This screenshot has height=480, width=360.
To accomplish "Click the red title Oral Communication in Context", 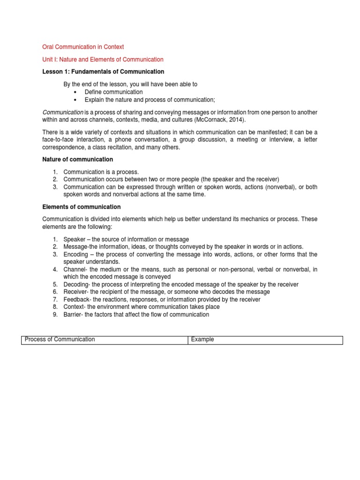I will coord(83,47).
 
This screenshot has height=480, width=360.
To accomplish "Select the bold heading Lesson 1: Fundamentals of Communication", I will coord(103,72).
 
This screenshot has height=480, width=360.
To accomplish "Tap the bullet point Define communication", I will coord(113,92).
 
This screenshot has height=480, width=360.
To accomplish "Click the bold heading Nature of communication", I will coord(77,159).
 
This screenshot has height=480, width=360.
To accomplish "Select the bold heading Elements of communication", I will coord(82,207).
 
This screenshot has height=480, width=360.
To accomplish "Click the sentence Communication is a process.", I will coord(101,172).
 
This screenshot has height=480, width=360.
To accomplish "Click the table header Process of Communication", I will coord(60,339).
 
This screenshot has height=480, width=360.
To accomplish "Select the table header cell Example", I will coord(202,339).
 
